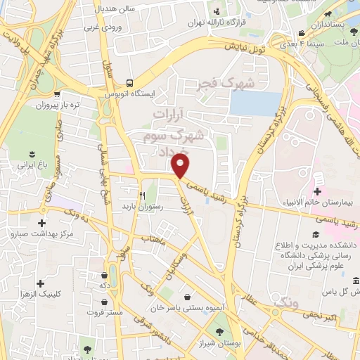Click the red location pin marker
[x=181, y=167]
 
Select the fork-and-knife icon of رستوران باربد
[x=143, y=195]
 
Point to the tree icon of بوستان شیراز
[x=219, y=333]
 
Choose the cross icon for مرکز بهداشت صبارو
[x=41, y=224]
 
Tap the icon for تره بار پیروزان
[x=56, y=92]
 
